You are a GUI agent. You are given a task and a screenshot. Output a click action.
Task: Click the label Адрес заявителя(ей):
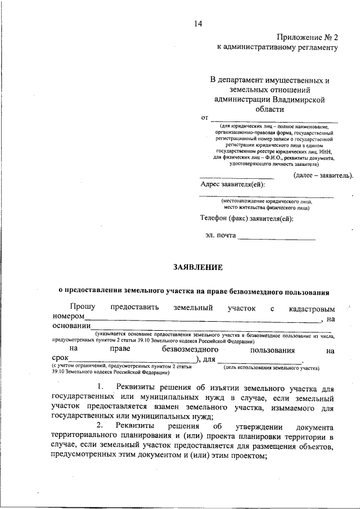point(233,184)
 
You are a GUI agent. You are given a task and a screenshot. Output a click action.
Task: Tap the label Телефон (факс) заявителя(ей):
point(247,218)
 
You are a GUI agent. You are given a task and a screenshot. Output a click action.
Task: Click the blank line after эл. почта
point(277,240)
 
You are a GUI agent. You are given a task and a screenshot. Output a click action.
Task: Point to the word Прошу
point(83,308)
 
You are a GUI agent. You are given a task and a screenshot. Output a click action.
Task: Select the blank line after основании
point(214,331)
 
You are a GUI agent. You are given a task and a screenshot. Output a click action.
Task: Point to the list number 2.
point(100,426)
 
